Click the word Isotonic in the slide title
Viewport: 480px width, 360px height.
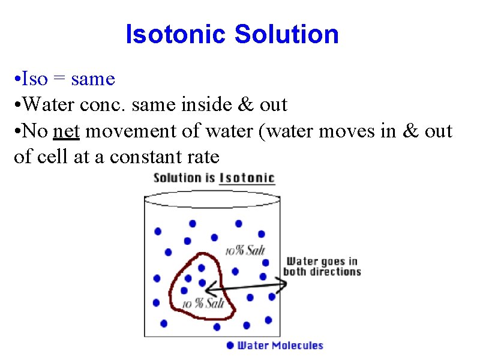pos(176,34)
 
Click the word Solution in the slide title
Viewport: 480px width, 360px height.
pos(287,34)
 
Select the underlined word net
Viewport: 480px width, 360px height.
pos(66,131)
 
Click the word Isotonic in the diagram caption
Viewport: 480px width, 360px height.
pos(247,178)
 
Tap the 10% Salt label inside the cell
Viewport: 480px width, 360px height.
pos(203,304)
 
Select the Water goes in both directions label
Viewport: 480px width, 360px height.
pos(322,266)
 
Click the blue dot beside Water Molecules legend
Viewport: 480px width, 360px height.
pos(230,345)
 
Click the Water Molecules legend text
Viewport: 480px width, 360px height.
pos(280,346)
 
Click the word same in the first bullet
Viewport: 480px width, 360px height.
pos(92,79)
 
